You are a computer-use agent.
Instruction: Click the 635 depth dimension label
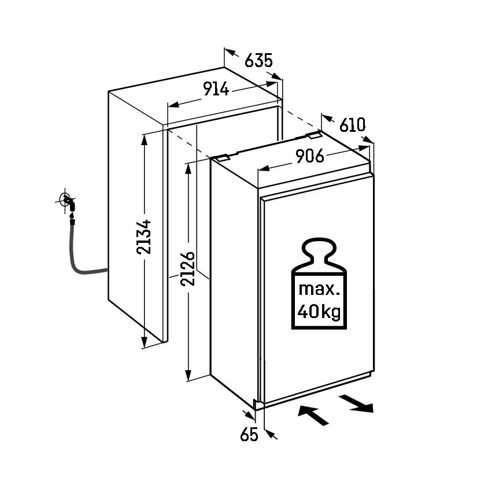point(258,61)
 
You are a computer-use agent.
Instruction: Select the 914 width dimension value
point(216,90)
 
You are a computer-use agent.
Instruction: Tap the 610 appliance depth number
point(352,124)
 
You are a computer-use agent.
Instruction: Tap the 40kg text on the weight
point(317,313)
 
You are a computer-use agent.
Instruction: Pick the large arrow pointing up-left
point(310,414)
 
